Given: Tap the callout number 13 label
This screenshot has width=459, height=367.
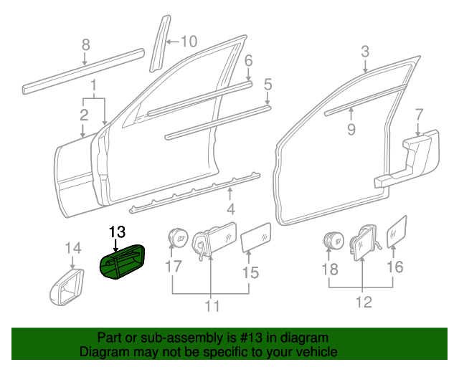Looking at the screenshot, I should click(x=116, y=232).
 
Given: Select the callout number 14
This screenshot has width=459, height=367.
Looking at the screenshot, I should click(x=73, y=248).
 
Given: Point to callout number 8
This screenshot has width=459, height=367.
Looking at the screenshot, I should click(x=85, y=44).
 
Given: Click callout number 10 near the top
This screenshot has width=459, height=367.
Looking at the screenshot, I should click(x=188, y=41).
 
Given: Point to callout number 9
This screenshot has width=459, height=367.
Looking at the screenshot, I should click(x=351, y=129).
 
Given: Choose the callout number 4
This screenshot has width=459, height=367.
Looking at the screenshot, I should click(x=230, y=209).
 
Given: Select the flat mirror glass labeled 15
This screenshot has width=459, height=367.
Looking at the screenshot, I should click(x=255, y=236).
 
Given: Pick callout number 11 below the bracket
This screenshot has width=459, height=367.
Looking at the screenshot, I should click(x=211, y=307).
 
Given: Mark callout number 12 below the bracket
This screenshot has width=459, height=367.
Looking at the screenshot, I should click(x=364, y=302).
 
